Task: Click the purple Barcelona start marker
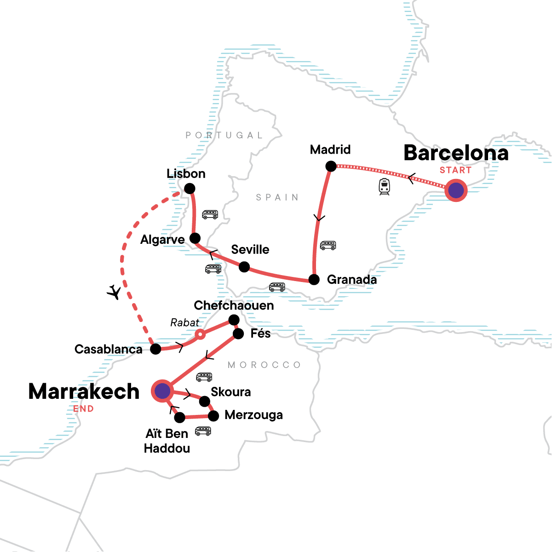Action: click(x=456, y=190)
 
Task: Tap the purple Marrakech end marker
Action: click(x=162, y=391)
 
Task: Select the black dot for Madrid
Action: click(x=331, y=166)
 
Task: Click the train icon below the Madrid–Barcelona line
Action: click(x=385, y=187)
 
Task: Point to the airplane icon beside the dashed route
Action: click(x=114, y=292)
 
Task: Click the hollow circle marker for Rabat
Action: click(x=200, y=334)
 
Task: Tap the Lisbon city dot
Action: click(x=190, y=188)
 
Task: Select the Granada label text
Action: click(x=351, y=279)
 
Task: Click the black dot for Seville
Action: click(x=244, y=267)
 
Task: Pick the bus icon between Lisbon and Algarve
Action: click(x=210, y=215)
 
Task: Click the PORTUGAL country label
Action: click(x=224, y=135)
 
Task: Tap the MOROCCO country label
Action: click(x=264, y=365)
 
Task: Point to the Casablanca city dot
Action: click(x=156, y=349)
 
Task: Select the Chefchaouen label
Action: click(x=234, y=305)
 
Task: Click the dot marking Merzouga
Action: click(x=213, y=416)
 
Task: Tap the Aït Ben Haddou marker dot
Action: click(x=180, y=418)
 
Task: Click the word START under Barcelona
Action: click(x=455, y=170)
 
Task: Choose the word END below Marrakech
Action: click(x=83, y=408)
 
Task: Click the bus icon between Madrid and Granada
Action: click(x=328, y=245)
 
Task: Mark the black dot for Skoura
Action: click(x=205, y=402)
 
